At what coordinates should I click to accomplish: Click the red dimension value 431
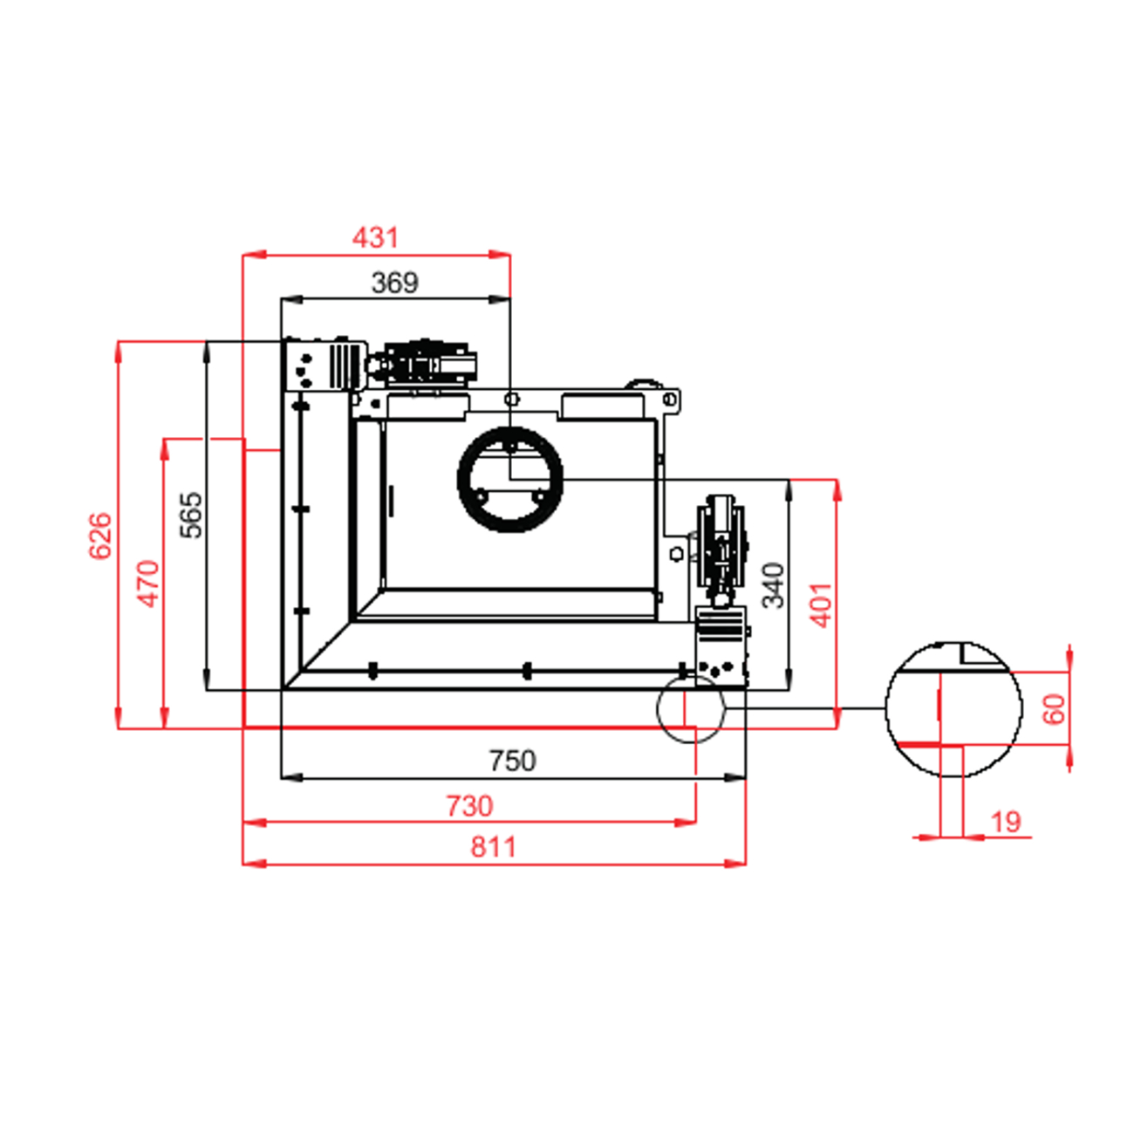click(x=375, y=237)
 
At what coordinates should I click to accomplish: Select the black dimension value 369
click(x=394, y=283)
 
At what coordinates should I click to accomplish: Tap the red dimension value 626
click(x=101, y=535)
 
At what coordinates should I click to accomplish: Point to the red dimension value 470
click(x=148, y=583)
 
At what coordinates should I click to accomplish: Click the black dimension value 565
click(x=190, y=515)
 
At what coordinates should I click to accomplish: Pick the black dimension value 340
click(x=773, y=584)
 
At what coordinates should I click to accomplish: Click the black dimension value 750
click(x=512, y=761)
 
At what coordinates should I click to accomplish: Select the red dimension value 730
click(x=469, y=806)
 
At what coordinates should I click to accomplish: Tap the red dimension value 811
click(x=493, y=847)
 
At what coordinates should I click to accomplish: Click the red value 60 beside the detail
click(x=1055, y=708)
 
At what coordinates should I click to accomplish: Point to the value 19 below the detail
click(x=1005, y=822)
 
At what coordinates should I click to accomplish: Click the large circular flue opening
click(x=510, y=479)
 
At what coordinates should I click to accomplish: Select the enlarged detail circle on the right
click(x=953, y=709)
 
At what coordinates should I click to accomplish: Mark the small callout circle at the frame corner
click(x=691, y=709)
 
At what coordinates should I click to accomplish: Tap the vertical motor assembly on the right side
click(x=721, y=550)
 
